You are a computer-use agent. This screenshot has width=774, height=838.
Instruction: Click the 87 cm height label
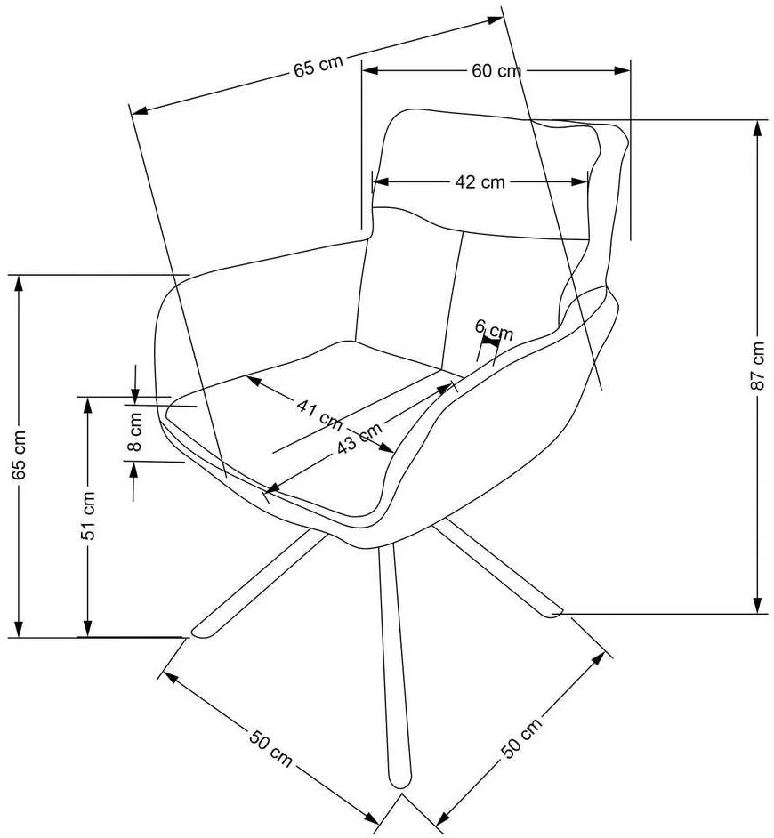[x=757, y=366]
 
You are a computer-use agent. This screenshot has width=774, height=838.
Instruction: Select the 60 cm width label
[x=496, y=70]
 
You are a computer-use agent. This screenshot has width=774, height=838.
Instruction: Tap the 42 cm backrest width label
[x=480, y=181]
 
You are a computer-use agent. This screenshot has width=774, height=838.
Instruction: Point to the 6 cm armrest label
[x=494, y=330]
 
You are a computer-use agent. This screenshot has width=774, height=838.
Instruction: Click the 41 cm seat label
[x=319, y=415]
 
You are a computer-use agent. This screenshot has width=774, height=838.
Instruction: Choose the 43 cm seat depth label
[x=359, y=439]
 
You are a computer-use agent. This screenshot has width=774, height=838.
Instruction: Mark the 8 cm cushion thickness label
[x=135, y=431]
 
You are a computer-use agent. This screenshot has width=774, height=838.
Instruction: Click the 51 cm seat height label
[x=89, y=516]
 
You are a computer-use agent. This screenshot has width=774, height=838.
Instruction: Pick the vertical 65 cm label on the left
[x=20, y=455]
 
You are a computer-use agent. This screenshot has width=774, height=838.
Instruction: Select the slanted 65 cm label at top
[x=318, y=66]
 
